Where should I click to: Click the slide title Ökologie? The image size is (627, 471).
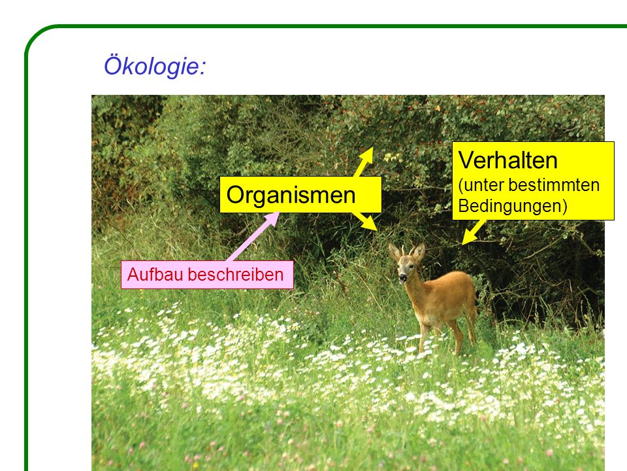pos(155,65)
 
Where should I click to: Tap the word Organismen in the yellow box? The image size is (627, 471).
pos(291,195)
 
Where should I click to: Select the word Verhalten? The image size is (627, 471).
pos(508,160)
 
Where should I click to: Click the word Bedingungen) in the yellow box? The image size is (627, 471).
pos(513,206)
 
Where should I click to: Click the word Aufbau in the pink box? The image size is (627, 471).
pos(155,275)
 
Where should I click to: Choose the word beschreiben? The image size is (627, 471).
pos(236,275)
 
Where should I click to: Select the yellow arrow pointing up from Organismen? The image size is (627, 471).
pos(364,162)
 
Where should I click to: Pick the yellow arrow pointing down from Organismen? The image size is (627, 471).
pos(364,220)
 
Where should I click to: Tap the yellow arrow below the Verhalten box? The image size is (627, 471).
pos(474,232)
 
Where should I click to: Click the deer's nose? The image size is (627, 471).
pos(402,277)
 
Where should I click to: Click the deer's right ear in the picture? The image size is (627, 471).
pos(419,253)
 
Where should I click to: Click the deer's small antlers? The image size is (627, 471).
pos(406,251)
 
